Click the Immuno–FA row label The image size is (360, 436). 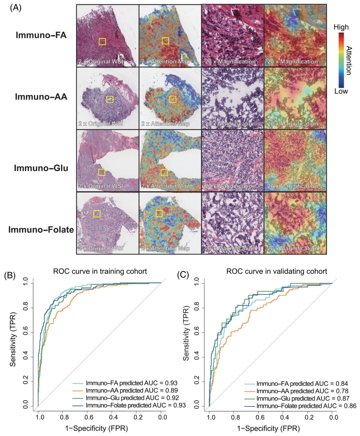tap(41, 35)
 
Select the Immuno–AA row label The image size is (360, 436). tap(41, 97)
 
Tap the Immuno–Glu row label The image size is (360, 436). tap(41, 168)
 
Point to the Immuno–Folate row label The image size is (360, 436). tap(41, 230)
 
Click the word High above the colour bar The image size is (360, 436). tap(341, 27)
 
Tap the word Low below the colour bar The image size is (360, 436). tap(341, 91)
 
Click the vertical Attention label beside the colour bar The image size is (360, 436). tap(349, 61)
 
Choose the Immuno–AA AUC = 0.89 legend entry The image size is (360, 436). tap(125, 390)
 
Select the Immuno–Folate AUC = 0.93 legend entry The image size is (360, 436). tap(129, 405)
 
